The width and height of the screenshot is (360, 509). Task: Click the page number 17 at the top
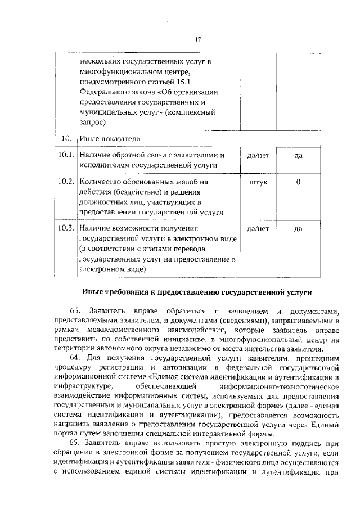click(x=197, y=39)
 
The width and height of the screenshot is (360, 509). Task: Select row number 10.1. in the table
click(x=66, y=155)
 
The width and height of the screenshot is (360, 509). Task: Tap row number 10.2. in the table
click(x=66, y=182)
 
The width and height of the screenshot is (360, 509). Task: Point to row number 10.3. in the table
click(x=66, y=228)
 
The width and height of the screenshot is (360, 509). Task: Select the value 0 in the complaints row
click(x=298, y=182)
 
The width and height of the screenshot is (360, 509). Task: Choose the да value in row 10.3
click(x=298, y=229)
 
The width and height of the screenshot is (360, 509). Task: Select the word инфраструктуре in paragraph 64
click(x=84, y=386)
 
